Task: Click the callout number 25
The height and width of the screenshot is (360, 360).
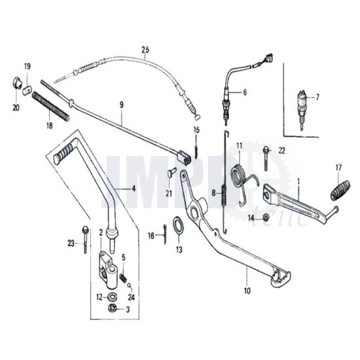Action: (145, 50)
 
